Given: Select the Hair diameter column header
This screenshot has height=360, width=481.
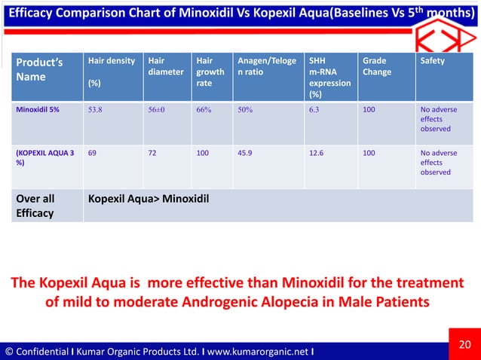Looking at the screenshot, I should (166, 66).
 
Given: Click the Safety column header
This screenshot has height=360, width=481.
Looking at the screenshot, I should (432, 60).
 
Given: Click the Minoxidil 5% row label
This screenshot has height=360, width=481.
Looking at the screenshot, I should (40, 108).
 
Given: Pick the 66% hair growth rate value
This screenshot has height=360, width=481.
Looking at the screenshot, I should (203, 108).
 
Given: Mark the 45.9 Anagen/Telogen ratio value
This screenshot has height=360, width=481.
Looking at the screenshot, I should (246, 151).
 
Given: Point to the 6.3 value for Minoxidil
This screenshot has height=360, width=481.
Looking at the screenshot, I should (314, 108).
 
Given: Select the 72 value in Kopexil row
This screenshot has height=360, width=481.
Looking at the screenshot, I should (152, 151).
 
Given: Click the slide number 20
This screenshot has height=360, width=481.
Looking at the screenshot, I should (465, 346).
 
